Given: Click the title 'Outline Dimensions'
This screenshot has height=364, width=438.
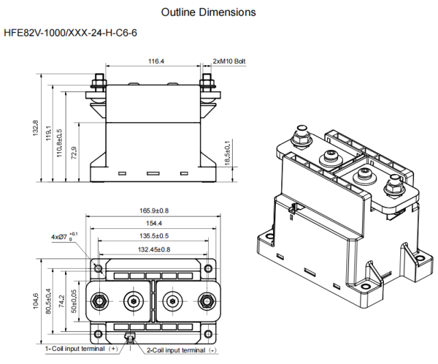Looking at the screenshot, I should (208, 12).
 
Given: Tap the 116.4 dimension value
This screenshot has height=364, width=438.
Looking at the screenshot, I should (156, 61).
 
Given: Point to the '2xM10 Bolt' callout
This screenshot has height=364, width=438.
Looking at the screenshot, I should (229, 61).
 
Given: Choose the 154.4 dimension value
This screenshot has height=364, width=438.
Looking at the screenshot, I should (154, 223).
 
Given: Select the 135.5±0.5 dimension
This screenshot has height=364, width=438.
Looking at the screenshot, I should (154, 236).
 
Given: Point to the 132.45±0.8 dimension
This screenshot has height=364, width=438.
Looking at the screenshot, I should (154, 249).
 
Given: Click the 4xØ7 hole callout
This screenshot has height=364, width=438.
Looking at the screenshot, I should (64, 236).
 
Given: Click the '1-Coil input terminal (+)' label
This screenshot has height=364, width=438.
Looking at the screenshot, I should (75, 349).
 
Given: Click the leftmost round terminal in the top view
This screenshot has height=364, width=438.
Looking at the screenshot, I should (99, 300).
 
